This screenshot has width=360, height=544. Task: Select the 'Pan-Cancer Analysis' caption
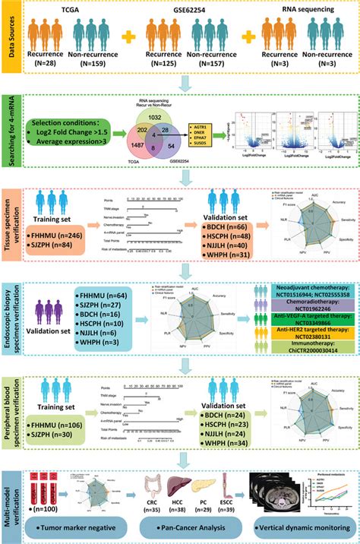click(x=187, y=527)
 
